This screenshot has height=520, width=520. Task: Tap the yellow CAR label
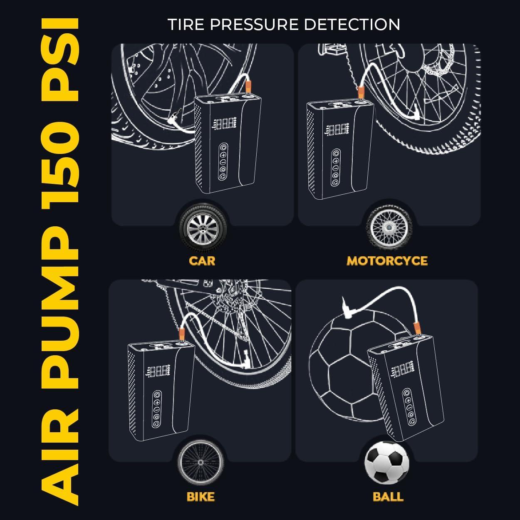(x=202, y=261)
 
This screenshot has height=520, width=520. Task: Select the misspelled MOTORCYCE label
(x=387, y=261)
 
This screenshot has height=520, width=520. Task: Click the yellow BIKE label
(x=201, y=496)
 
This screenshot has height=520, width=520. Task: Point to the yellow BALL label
(x=388, y=496)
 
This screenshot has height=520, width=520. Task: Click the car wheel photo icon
(x=202, y=228)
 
